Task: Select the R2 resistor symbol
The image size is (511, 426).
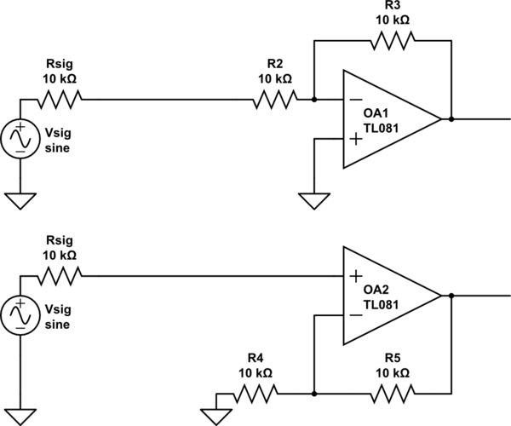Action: [274, 100]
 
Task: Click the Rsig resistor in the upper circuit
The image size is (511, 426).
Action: [59, 100]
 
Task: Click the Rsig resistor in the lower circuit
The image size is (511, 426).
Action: [59, 275]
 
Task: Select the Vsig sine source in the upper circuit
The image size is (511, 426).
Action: [20, 138]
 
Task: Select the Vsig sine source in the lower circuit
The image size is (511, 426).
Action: [20, 314]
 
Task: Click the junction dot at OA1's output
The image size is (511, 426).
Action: [451, 119]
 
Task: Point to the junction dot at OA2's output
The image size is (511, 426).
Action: [451, 296]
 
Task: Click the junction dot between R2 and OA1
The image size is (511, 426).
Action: [315, 100]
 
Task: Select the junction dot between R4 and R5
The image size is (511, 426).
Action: [315, 394]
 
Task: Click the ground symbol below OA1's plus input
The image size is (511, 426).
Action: [315, 201]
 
